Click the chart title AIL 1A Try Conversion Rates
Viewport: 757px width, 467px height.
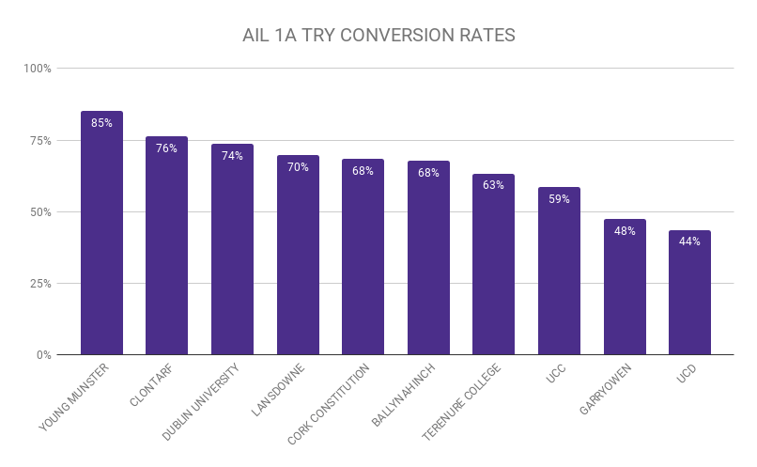[x=378, y=36]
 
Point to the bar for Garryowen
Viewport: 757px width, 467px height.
[x=625, y=291]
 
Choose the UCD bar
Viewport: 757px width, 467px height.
[x=689, y=296]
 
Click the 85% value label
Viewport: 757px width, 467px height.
[x=101, y=122]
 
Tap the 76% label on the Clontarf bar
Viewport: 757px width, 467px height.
[x=166, y=148]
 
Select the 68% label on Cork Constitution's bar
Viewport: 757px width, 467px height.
[x=363, y=171]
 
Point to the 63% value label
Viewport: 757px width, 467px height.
[x=493, y=185]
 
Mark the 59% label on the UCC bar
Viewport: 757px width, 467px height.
[x=559, y=198]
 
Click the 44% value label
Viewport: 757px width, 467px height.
[x=689, y=241]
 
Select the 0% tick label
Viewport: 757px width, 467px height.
[x=43, y=355]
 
